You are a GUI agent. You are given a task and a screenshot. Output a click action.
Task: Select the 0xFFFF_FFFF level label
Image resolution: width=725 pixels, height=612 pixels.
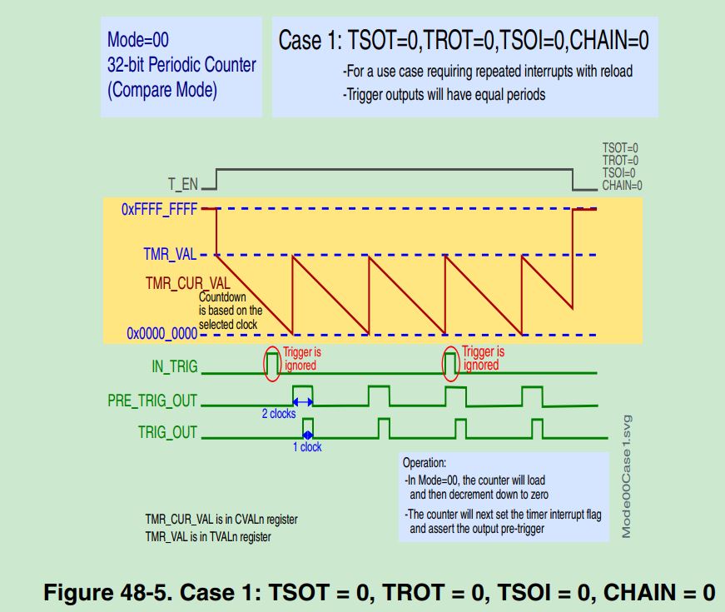pos(159,210)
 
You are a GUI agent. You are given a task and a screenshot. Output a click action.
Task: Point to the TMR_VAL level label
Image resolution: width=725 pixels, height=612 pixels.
pos(171,255)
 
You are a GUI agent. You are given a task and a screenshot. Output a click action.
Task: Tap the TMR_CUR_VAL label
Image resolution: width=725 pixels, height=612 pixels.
pos(188,283)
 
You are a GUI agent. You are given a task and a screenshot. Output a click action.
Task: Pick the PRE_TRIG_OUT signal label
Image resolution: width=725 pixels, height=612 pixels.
pos(152,401)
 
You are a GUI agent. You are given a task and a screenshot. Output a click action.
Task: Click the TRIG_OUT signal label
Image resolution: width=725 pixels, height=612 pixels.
pos(167,432)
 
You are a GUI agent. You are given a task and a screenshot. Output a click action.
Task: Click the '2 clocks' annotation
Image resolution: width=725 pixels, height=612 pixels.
pos(278,414)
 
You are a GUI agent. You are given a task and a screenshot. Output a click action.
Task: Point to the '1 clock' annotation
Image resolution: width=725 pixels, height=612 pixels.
pos(306,447)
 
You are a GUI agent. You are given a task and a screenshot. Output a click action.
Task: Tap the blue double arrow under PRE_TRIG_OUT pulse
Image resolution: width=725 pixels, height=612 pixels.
pos(302,401)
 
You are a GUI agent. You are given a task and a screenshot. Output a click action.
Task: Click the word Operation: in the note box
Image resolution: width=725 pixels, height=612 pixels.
pos(425,462)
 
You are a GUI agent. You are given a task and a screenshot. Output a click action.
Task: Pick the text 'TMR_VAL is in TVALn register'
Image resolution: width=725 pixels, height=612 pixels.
pos(208,536)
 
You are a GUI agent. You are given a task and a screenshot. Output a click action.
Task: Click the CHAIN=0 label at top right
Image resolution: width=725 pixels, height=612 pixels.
pos(622,186)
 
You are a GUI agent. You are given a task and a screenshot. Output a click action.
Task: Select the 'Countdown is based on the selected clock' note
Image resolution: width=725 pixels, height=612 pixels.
pos(230,310)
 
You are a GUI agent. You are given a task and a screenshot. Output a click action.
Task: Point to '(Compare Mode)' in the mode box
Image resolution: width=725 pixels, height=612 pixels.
pos(162,90)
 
